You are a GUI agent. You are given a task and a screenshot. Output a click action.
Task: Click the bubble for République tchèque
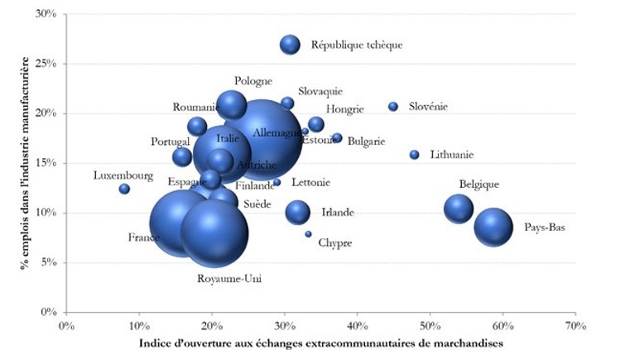tap(290, 45)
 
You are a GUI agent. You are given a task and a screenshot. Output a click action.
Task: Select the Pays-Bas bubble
tap(494, 227)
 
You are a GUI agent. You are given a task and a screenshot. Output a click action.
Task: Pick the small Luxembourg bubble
tap(124, 189)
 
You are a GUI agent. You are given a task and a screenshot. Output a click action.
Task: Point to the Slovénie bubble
tap(393, 107)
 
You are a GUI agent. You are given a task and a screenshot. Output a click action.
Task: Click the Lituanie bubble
tap(415, 155)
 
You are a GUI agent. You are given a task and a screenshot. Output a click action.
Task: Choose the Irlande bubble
tap(298, 213)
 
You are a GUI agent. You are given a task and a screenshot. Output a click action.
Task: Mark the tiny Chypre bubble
tap(308, 234)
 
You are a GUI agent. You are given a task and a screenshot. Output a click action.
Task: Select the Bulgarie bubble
tap(337, 138)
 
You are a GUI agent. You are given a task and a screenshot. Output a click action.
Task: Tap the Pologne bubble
tap(233, 104)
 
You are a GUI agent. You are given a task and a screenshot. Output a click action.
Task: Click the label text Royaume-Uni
tap(229, 279)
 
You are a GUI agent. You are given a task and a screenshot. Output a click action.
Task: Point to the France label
tap(143, 238)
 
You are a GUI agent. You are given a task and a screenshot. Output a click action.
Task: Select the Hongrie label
tap(344, 109)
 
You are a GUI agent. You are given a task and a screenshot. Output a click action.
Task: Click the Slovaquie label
tap(320, 92)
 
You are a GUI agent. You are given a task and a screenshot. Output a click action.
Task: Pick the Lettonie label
tap(311, 182)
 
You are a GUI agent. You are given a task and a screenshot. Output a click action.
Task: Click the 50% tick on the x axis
tap(430, 325)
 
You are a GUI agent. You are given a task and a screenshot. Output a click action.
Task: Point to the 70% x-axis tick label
tap(575, 325)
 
